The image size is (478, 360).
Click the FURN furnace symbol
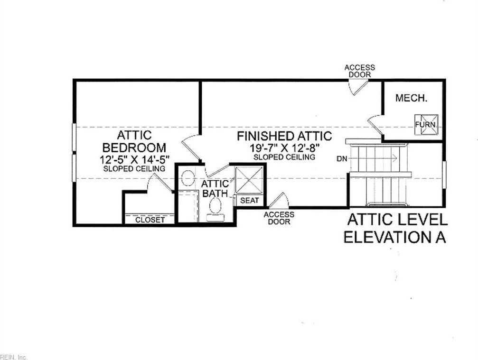pos(426,124)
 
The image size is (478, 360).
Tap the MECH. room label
pos(411,98)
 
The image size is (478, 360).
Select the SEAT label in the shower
pos(249,201)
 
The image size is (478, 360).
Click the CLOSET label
pos(150,220)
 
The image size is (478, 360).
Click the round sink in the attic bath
pos(188,178)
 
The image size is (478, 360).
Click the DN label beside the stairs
pos(342,159)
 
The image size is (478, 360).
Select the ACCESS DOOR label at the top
pos(360,71)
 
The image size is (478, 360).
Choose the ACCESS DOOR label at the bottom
pos(279,218)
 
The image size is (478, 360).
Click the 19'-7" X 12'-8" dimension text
pos(284,148)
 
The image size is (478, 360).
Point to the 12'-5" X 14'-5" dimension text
pos(134,159)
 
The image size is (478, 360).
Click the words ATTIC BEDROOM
pos(134,141)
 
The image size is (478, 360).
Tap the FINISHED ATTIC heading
pos(284,136)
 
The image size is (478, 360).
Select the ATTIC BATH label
pos(215,188)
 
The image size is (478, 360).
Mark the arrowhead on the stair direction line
pos(394,158)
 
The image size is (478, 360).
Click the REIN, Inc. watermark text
pos(14,357)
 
